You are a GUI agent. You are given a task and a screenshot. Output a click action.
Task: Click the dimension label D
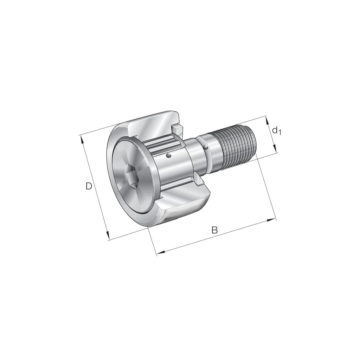click(x=89, y=186)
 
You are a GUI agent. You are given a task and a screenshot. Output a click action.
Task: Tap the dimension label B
click(x=214, y=230)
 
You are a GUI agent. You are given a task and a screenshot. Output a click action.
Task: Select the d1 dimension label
click(x=277, y=131)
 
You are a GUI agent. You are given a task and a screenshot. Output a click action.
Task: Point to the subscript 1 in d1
click(x=279, y=132)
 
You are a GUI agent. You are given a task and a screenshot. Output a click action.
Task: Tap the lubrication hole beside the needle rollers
click(x=169, y=156)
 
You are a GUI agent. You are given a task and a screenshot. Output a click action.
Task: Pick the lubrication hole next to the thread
click(x=206, y=147)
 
